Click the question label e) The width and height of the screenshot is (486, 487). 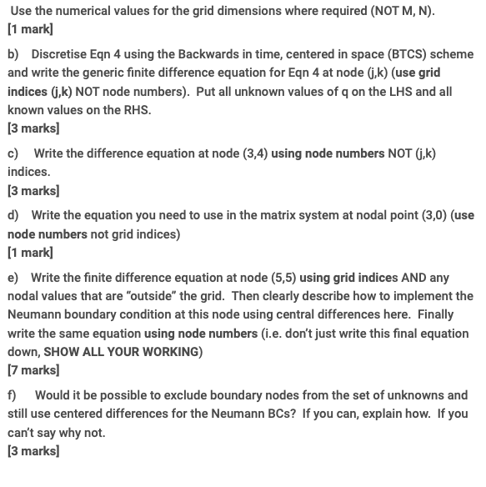click(x=13, y=278)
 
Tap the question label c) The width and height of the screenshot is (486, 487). click(x=13, y=153)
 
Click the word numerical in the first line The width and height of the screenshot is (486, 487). click(x=84, y=10)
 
